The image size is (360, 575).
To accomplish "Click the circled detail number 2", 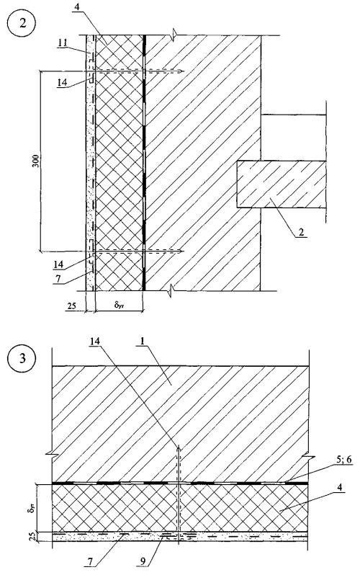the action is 23,24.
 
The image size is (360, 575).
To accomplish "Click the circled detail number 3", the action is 23,358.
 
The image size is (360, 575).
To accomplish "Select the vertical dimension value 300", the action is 35,161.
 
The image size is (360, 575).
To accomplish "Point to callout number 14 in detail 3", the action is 96,342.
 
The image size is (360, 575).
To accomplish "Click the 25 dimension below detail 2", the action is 72,305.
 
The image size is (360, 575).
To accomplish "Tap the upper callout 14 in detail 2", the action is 62,83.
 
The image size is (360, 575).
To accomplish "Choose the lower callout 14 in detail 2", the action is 58,264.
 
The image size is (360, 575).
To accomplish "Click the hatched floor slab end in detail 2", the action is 282,184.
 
